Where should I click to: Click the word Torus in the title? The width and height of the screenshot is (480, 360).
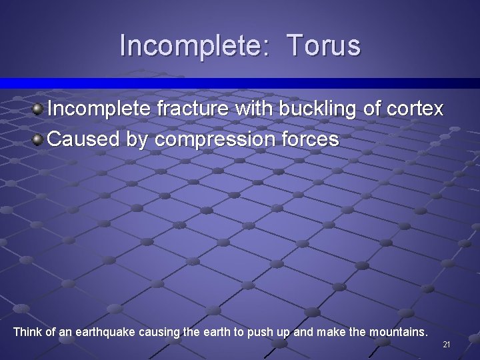324,45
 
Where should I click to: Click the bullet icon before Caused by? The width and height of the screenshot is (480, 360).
39,139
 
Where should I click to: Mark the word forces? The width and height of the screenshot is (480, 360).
309,139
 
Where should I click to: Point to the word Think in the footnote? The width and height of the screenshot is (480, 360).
27,331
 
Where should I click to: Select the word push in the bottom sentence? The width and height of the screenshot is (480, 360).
259,331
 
